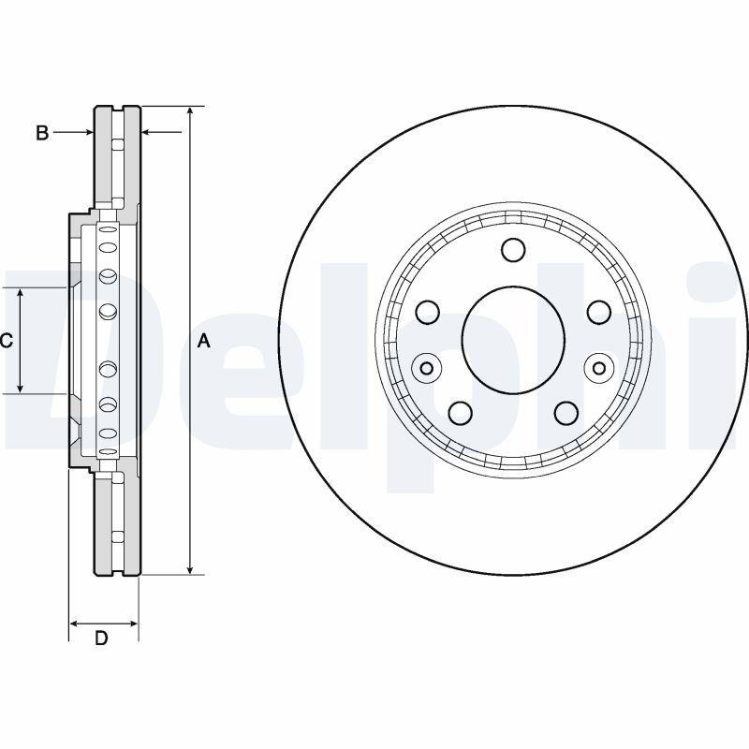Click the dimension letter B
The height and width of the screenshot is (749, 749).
[42, 133]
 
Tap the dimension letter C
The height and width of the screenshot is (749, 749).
[6, 341]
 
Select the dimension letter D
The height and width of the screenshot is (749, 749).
[102, 639]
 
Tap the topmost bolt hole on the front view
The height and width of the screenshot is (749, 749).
[513, 249]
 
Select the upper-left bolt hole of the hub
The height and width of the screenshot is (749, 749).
[429, 312]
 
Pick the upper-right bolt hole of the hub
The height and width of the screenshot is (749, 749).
[597, 312]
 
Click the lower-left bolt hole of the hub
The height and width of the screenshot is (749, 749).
[461, 412]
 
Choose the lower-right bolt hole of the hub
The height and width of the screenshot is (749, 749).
[565, 412]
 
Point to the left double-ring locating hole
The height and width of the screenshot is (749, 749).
[427, 368]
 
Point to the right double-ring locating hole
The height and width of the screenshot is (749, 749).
[599, 368]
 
